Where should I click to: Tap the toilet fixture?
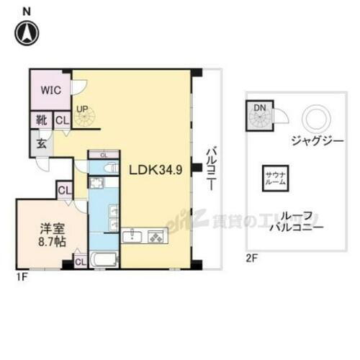click(x=109, y=167)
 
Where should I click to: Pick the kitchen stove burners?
click(x=156, y=235)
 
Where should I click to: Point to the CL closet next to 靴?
click(x=62, y=122)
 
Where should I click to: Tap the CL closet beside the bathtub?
click(x=79, y=261)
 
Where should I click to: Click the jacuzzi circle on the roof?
click(x=314, y=117)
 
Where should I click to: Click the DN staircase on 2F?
click(x=260, y=115)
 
